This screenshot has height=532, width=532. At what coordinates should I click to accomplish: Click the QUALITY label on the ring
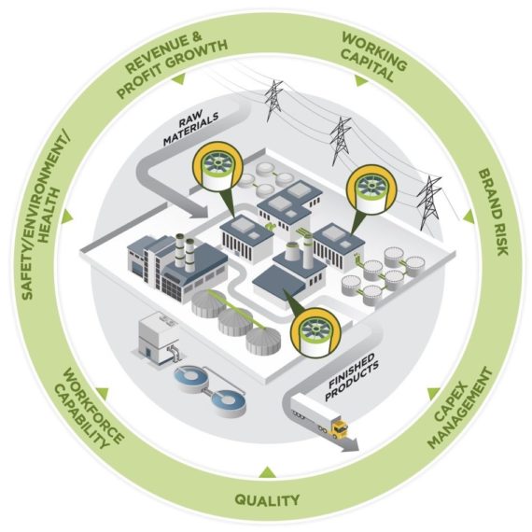pyautogui.click(x=267, y=500)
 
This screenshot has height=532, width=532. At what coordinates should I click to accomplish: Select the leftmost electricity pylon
pyautogui.click(x=273, y=102)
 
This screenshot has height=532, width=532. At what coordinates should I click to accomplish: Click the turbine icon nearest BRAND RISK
pyautogui.click(x=368, y=187)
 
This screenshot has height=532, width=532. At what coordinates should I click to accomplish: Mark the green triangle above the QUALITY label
pyautogui.click(x=267, y=470)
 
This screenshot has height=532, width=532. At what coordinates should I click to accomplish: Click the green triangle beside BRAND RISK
pyautogui.click(x=469, y=216)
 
